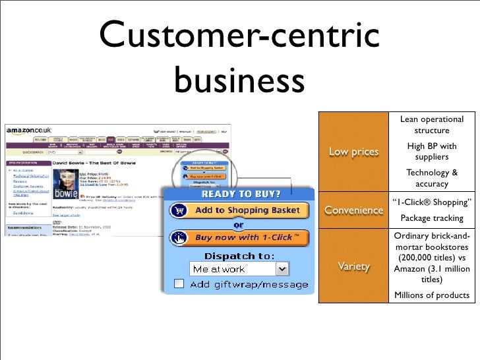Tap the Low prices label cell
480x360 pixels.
coord(353,152)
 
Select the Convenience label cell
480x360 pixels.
coord(353,211)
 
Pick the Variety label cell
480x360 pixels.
coord(353,266)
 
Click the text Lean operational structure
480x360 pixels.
coord(431,125)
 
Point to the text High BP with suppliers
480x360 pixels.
coord(431,152)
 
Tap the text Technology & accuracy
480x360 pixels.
coord(431,178)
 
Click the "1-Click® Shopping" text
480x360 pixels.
coord(431,202)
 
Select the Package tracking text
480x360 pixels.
coord(431,218)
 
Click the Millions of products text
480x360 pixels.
coord(431,295)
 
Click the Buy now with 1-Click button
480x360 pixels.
coord(239,237)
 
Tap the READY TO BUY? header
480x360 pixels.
coord(241,194)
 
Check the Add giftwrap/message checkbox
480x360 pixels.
coord(179,284)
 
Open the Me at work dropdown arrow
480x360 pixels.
coord(282,269)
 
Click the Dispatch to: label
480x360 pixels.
coord(239,255)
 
